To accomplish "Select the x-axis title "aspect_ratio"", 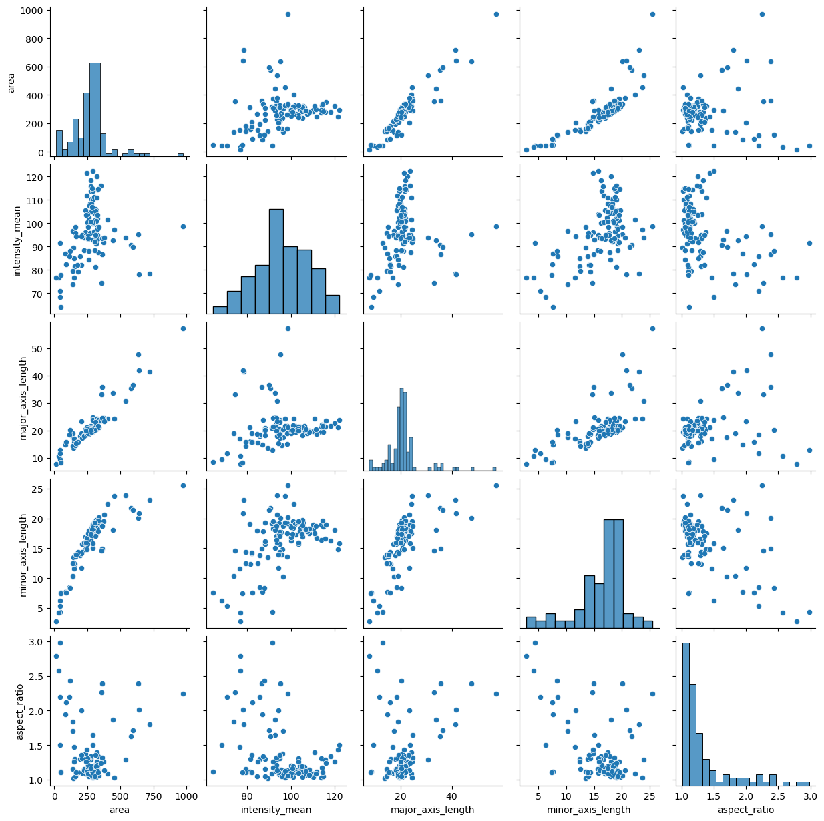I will (747, 810).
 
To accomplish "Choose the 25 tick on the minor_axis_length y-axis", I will (36, 489).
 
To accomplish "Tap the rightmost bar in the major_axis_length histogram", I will (495, 469).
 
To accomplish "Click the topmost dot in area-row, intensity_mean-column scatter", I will (288, 14).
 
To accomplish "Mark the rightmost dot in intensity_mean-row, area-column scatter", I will (183, 226).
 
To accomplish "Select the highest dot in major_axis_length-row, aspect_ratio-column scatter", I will (762, 328).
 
